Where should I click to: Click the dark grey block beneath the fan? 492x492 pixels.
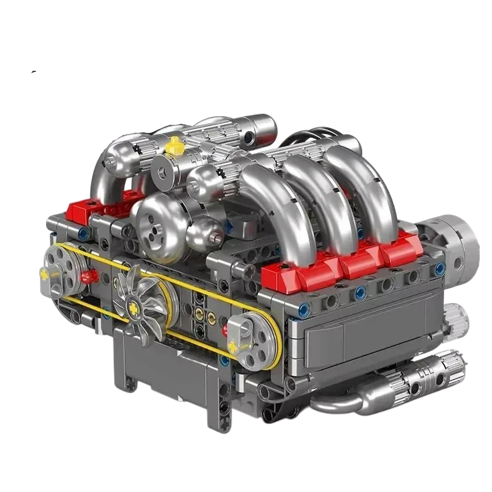pyautogui.click(x=166, y=369)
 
